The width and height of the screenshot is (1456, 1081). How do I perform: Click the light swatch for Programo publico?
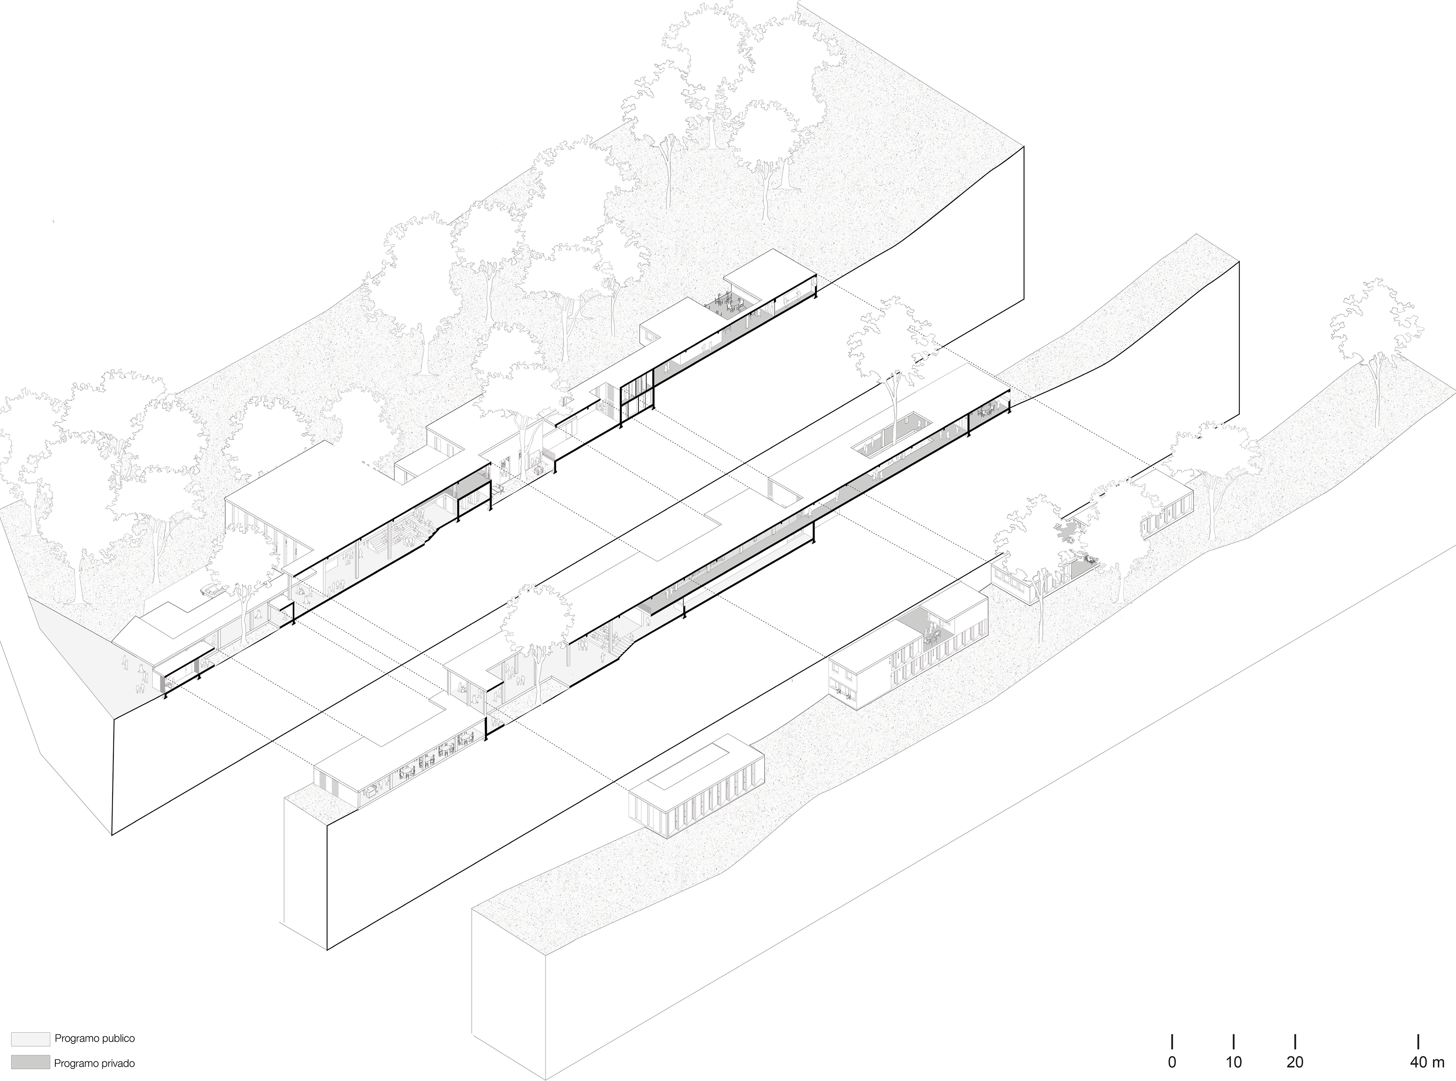click(x=30, y=1039)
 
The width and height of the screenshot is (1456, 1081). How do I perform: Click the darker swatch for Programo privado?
click(x=30, y=1063)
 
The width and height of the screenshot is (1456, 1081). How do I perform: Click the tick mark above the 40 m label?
click(x=1417, y=1041)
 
